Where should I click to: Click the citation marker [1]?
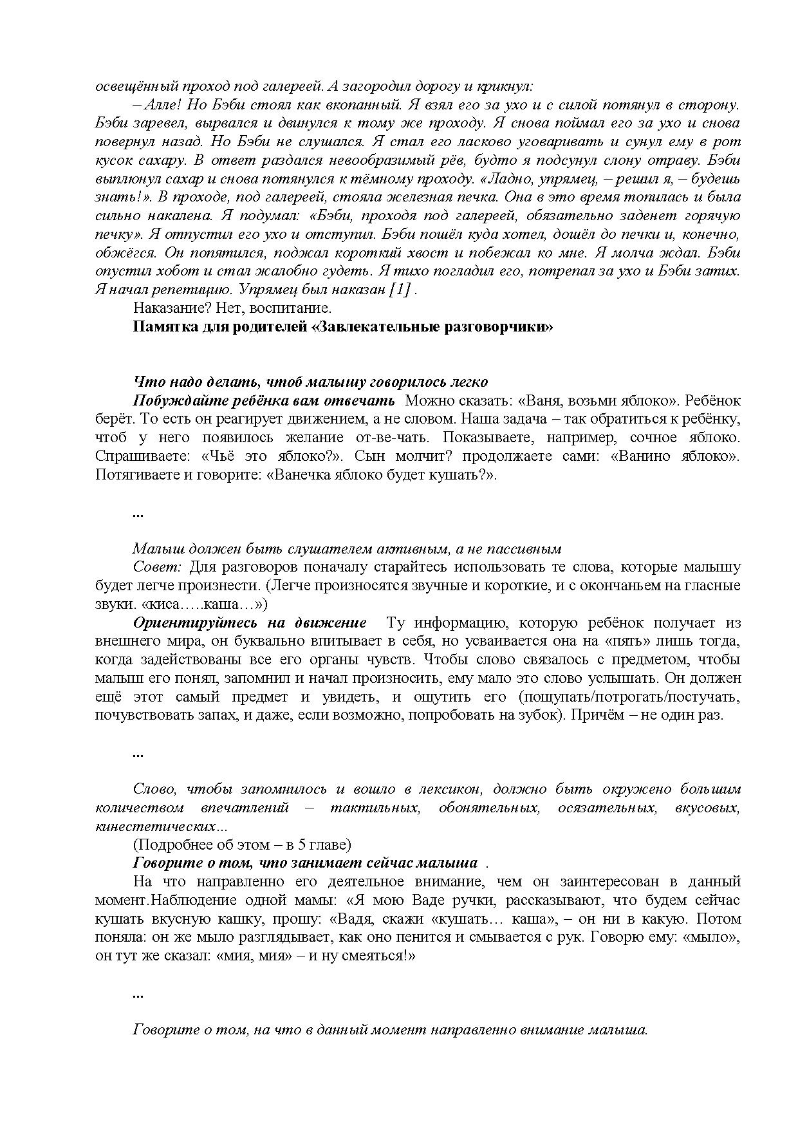[400, 290]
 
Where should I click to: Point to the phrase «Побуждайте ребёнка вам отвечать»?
[264, 401]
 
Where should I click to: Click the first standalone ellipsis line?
[138, 513]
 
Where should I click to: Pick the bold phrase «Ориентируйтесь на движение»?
[250, 623]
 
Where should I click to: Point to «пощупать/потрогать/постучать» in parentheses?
[629, 697]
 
